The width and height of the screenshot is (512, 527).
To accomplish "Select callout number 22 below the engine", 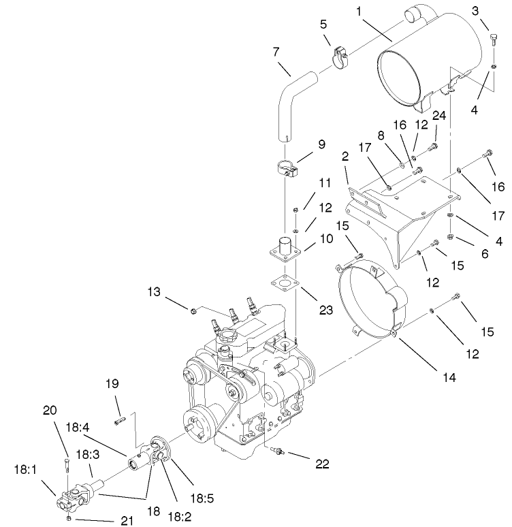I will (x=323, y=464).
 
